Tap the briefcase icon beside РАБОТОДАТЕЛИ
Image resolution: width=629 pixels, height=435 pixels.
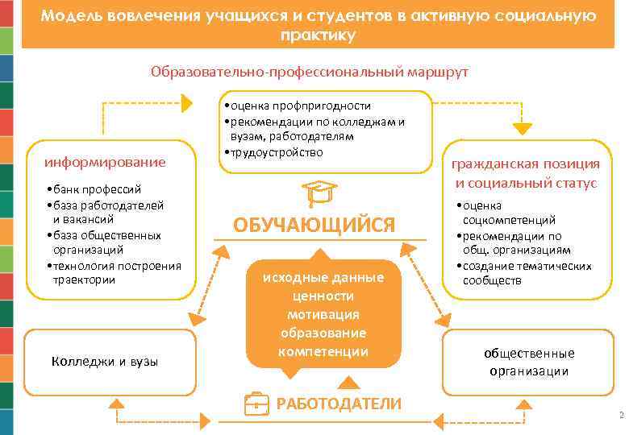click(x=256, y=404)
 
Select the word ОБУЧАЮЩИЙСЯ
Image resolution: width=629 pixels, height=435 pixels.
click(x=314, y=225)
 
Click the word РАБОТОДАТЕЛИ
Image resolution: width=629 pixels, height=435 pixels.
click(x=338, y=404)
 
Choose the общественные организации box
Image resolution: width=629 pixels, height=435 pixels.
click(x=529, y=362)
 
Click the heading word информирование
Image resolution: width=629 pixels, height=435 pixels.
click(x=105, y=162)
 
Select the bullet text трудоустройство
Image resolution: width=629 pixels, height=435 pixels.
click(x=274, y=151)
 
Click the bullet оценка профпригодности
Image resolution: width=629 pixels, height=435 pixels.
click(x=298, y=106)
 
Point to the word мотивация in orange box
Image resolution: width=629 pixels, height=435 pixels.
click(x=323, y=313)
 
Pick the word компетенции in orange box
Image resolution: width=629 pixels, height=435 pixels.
click(x=323, y=351)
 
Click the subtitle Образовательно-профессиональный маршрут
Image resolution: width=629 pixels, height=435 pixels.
click(x=309, y=72)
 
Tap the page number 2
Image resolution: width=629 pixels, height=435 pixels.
click(x=621, y=416)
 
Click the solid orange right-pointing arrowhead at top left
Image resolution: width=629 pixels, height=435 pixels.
click(x=187, y=103)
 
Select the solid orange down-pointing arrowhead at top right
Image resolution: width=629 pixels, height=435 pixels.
click(x=523, y=126)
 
